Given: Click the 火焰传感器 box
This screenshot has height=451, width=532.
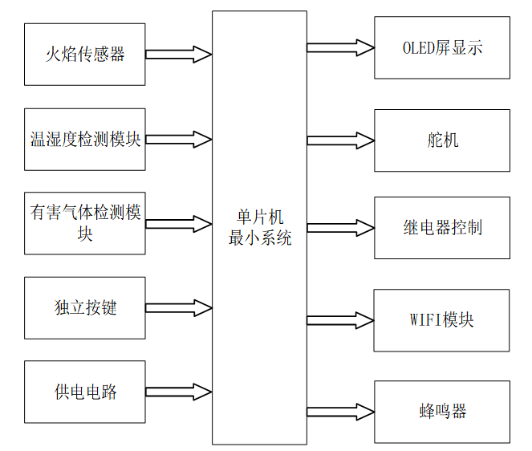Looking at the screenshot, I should coord(85,55).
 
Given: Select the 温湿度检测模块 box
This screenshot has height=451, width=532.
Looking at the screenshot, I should coord(85,140).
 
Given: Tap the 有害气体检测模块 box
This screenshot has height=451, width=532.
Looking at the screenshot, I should coord(85,223).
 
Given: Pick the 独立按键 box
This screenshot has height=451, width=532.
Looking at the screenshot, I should coord(85,308).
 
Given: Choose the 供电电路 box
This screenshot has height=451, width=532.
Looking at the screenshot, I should coord(85,392).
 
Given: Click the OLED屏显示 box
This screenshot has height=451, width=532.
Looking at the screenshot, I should coord(442,47).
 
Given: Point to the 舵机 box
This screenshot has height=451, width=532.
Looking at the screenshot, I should coord(442,140).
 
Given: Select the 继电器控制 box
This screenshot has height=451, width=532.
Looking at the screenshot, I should coord(442,228).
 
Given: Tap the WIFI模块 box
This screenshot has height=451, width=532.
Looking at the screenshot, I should coord(442,320).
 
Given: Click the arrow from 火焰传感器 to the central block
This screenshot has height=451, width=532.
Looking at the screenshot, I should coord(179,55).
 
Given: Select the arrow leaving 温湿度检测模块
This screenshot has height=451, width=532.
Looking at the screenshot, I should coord(179,140).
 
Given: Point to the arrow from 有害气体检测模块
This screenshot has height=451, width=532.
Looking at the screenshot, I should coord(179,223).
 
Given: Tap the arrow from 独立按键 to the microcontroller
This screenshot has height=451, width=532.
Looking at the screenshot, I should coord(179,308).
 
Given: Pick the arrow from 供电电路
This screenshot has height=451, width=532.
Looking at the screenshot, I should coord(179,392).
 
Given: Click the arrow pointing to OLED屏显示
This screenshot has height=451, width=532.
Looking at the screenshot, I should coord(340,47).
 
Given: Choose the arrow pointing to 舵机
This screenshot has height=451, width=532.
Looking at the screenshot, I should coord(340,140).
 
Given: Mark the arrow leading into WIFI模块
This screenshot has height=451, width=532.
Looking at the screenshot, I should coord(340,320).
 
